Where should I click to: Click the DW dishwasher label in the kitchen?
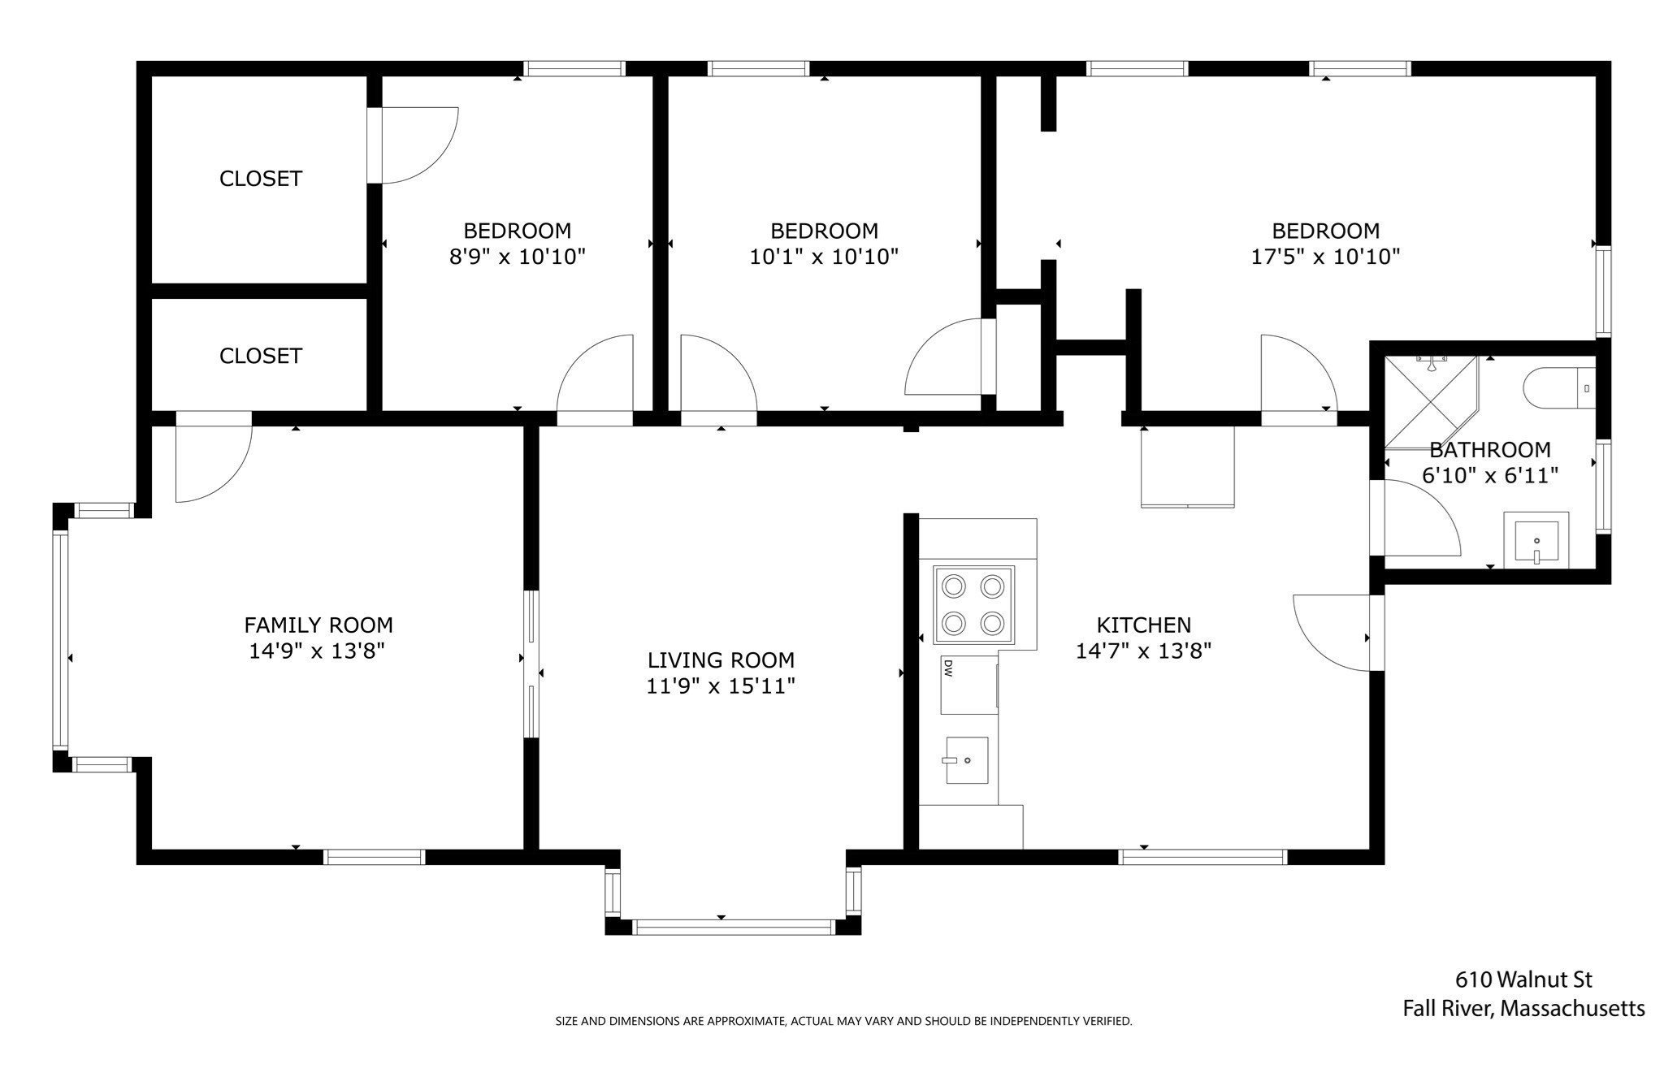click(x=948, y=668)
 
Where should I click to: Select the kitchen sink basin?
click(x=966, y=760)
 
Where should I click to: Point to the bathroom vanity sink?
click(x=1536, y=540)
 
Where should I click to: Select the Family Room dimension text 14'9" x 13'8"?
click(x=317, y=651)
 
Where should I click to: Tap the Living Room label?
click(x=721, y=660)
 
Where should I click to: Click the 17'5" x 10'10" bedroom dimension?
click(x=1325, y=257)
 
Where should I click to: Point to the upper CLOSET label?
click(x=261, y=179)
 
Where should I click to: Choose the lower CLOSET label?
click(x=261, y=356)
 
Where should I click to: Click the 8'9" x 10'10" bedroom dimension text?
click(x=518, y=257)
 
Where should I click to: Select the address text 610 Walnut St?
click(x=1523, y=980)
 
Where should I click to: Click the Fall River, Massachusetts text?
click(x=1523, y=1010)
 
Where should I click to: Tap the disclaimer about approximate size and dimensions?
click(x=843, y=1022)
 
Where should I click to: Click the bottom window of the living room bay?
click(x=732, y=927)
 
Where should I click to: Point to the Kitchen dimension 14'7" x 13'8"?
click(x=1143, y=651)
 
